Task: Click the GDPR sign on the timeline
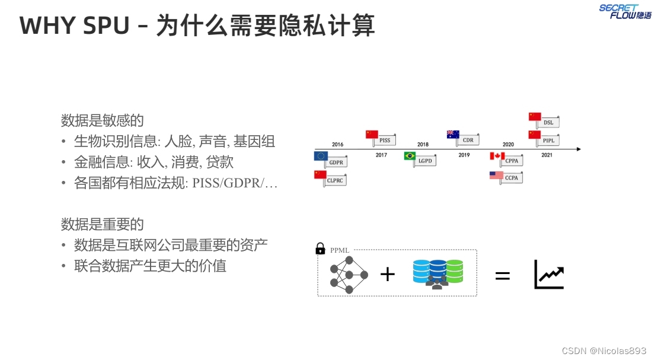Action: (x=336, y=162)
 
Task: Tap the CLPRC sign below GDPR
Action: (x=335, y=180)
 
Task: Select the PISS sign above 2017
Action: (x=385, y=140)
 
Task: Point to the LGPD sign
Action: (x=425, y=161)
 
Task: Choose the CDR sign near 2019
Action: (x=468, y=140)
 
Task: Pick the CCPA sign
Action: (x=511, y=177)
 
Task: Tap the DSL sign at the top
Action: (x=548, y=122)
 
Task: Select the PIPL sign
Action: (x=548, y=141)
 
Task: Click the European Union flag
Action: (x=321, y=157)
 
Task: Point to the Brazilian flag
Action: (x=410, y=156)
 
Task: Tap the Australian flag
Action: (x=453, y=134)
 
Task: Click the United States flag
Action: (x=496, y=176)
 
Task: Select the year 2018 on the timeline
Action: (x=423, y=145)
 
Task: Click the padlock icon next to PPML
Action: (x=321, y=249)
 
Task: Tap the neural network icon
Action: (x=349, y=275)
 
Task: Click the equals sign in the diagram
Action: (x=502, y=275)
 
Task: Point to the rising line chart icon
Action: (x=549, y=275)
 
